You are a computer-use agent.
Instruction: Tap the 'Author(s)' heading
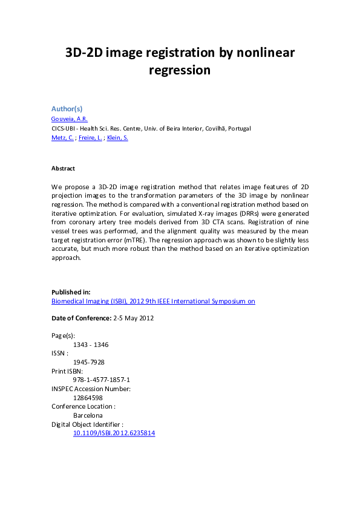[67, 109]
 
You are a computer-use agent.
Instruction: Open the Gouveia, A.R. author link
[69, 119]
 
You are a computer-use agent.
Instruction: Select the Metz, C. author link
[62, 138]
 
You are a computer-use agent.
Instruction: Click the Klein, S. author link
[117, 138]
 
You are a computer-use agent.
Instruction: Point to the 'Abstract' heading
[63, 169]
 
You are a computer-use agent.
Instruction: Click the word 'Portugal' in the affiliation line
[237, 129]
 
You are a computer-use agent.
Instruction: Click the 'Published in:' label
[71, 292]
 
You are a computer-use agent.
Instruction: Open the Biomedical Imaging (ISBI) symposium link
[153, 301]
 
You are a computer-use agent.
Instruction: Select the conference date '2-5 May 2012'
[134, 318]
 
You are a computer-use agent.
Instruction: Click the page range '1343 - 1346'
[91, 345]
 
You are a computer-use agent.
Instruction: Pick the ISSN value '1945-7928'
[88, 362]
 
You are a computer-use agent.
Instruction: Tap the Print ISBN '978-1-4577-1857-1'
[102, 380]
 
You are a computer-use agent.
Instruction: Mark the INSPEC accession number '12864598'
[88, 398]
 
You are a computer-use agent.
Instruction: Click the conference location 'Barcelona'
[88, 415]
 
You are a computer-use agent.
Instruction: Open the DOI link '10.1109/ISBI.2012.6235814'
[114, 433]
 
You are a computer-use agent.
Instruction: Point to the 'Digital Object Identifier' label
[87, 424]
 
